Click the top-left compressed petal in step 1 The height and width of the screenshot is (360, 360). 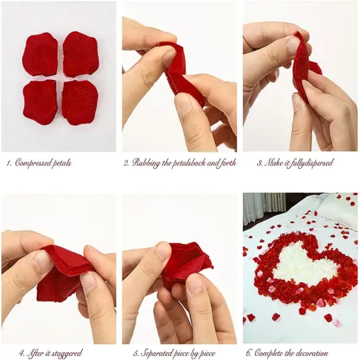40,54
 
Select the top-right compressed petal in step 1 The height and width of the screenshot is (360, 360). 80,54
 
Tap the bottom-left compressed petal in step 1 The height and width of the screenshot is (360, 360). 41,101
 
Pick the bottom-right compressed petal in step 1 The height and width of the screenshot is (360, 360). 80,102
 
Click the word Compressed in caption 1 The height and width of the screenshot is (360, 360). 33,163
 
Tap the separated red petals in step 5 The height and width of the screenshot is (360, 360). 187,265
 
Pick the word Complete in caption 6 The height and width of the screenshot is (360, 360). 271,353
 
